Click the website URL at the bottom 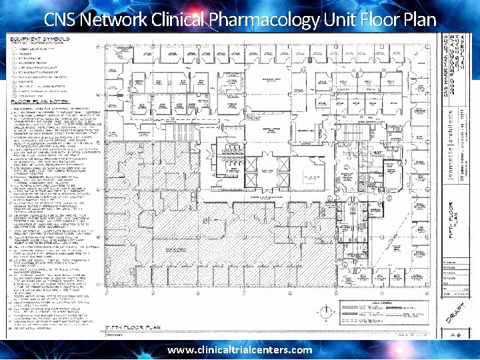[239, 350]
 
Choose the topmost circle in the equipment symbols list [15, 49]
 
